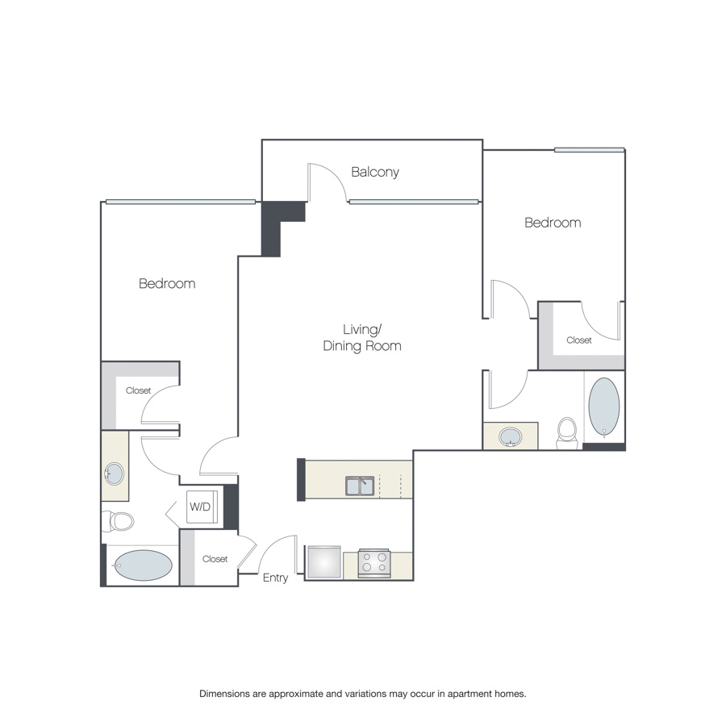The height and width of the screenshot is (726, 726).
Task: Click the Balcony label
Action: pyautogui.click(x=375, y=173)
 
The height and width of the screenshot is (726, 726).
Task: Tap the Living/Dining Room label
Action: pyautogui.click(x=362, y=337)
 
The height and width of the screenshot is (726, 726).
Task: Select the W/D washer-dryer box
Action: pyautogui.click(x=202, y=507)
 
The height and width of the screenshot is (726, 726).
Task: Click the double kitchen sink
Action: pyautogui.click(x=360, y=486)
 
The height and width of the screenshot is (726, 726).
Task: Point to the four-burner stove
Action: pyautogui.click(x=374, y=563)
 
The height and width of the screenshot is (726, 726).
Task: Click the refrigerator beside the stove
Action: pyautogui.click(x=324, y=561)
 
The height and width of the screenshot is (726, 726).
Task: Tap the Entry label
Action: pyautogui.click(x=276, y=578)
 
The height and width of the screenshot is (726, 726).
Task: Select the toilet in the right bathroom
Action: pyautogui.click(x=567, y=433)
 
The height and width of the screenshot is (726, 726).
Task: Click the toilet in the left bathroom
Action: pyautogui.click(x=118, y=521)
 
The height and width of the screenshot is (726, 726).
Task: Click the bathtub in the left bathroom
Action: pyautogui.click(x=143, y=565)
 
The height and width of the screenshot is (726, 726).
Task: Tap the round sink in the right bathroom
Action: pyautogui.click(x=511, y=436)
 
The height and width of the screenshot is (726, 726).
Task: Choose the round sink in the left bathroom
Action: pyautogui.click(x=114, y=474)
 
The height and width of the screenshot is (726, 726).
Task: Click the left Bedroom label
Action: pyautogui.click(x=167, y=283)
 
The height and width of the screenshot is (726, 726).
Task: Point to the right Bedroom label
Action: pyautogui.click(x=553, y=223)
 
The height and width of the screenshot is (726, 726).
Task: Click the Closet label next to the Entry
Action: pyautogui.click(x=215, y=559)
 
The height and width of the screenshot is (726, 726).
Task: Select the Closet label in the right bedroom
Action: pyautogui.click(x=579, y=340)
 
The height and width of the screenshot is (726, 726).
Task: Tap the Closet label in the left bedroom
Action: pyautogui.click(x=139, y=390)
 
